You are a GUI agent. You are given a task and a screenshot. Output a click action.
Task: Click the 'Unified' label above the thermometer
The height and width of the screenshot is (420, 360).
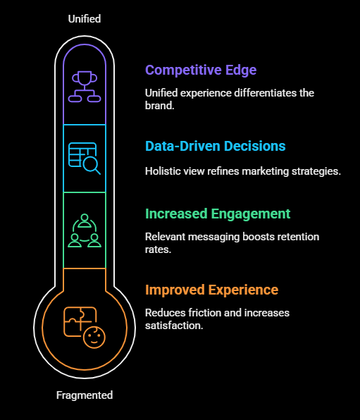tap(85, 19)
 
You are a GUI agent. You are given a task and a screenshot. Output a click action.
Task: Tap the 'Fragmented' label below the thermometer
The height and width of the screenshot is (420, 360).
tap(85, 395)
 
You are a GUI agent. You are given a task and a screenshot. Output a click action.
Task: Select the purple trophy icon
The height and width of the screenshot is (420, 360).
tap(85, 87)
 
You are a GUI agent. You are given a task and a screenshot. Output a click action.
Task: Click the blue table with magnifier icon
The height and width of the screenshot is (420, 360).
tap(85, 159)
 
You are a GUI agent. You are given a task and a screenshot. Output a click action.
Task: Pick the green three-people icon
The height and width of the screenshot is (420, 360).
tap(85, 230)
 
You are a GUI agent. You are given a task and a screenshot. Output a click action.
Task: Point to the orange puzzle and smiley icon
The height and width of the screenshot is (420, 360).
tap(85, 327)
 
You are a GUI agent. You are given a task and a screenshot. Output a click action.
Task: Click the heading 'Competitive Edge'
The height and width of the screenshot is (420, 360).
tap(201, 70)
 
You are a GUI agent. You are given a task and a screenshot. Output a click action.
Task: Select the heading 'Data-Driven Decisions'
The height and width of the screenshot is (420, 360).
tap(215, 146)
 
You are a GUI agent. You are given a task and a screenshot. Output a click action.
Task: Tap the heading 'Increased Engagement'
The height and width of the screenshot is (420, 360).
tap(218, 214)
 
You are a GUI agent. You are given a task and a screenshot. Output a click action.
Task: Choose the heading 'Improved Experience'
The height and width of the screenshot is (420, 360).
tap(211, 290)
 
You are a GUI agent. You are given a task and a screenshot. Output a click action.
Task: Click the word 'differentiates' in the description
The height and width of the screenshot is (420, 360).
tap(266, 93)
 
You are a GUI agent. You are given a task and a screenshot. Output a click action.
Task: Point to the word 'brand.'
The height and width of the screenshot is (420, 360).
tap(160, 106)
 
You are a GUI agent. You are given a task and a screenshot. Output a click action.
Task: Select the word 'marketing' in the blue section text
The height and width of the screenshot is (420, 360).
tap(265, 171)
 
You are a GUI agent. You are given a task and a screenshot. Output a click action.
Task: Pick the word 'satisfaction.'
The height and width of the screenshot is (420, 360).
tap(174, 326)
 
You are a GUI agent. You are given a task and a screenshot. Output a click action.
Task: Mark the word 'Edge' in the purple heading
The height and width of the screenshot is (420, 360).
tap(241, 70)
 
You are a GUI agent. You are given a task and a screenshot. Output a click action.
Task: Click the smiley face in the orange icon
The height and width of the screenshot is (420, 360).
tap(94, 338)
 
